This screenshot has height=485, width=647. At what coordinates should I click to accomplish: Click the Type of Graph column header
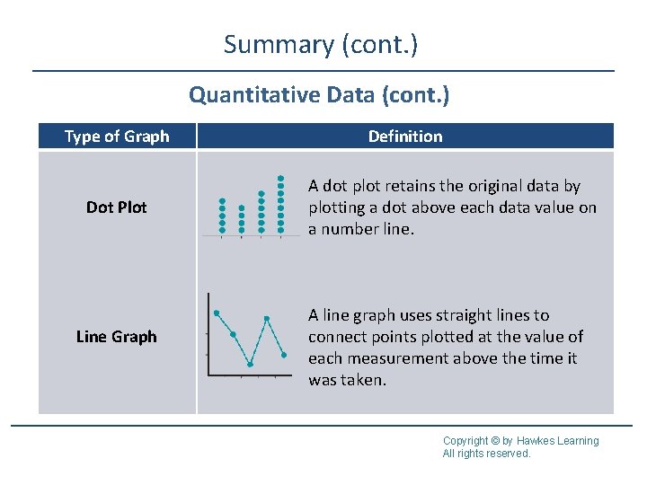point(117,137)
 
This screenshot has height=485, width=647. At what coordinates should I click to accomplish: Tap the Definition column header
point(405,137)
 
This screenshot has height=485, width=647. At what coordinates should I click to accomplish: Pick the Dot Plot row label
point(117,207)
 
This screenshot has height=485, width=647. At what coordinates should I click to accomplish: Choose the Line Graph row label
point(117,337)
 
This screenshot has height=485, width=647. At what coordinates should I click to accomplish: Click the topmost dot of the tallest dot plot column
point(281,177)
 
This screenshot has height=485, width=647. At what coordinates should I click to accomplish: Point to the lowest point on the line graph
point(251,364)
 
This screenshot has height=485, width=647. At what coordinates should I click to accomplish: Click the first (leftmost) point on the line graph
point(217,313)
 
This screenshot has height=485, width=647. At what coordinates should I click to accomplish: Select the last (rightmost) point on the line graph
point(283,355)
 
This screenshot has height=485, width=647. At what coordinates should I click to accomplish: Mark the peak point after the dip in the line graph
point(267,318)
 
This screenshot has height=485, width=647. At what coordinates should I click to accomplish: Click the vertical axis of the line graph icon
point(208,333)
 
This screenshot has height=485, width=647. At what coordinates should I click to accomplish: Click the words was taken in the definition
point(347,380)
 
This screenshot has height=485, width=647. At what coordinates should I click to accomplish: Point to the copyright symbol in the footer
point(495,441)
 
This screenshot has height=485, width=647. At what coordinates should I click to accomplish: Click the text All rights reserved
point(486,454)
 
